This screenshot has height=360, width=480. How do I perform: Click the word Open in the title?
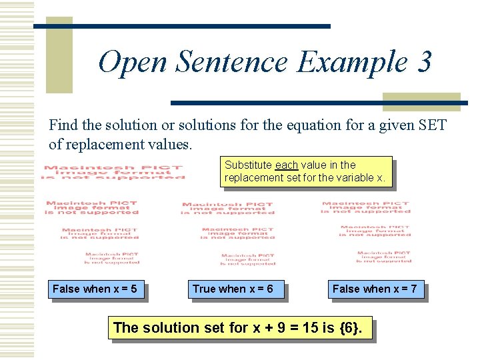(x=133, y=63)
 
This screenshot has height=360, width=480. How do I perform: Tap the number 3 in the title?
(x=424, y=63)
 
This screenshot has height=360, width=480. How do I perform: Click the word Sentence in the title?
(x=233, y=63)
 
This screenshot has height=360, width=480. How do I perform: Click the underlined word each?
(x=286, y=165)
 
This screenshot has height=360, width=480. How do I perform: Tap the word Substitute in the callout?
(x=249, y=165)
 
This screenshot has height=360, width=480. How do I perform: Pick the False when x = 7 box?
(x=375, y=289)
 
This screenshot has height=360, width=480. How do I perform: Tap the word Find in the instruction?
(x=63, y=125)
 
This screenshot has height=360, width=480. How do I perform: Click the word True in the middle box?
(x=204, y=289)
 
